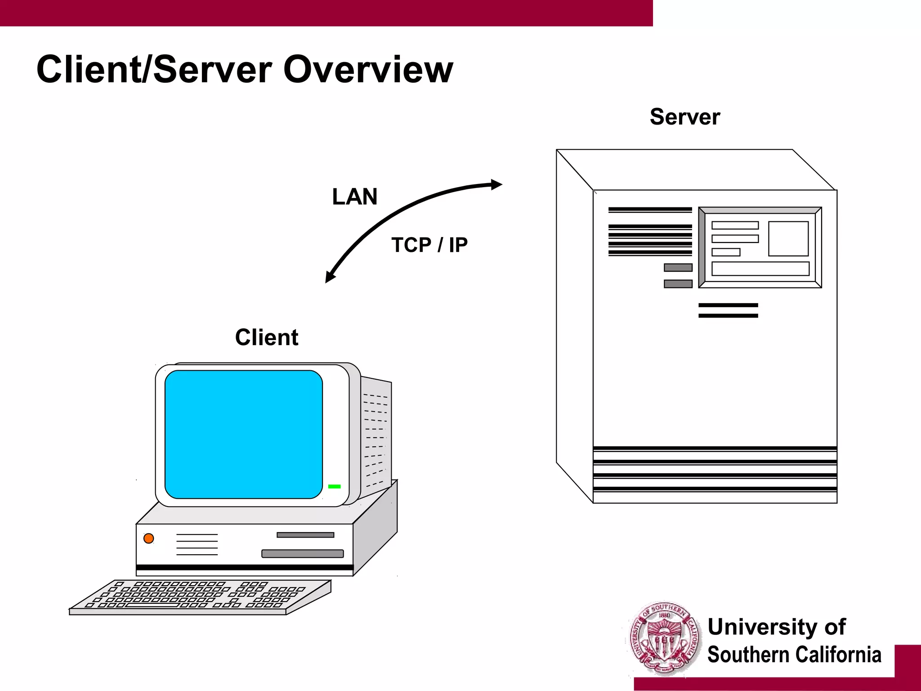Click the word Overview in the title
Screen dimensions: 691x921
(x=368, y=70)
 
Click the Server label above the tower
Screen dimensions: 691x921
(x=684, y=117)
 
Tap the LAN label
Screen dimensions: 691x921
(x=354, y=197)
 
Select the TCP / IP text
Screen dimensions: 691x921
(x=429, y=245)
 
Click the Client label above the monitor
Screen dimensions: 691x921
(x=266, y=337)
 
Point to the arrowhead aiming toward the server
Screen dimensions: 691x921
(x=496, y=184)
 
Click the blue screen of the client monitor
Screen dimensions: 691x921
(x=243, y=434)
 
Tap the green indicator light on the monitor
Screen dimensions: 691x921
(x=335, y=486)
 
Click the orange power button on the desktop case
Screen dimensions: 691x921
(x=149, y=538)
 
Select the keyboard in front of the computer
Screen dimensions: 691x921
(x=200, y=597)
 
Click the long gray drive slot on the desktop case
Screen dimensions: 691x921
(x=302, y=554)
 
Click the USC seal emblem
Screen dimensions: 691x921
(x=665, y=639)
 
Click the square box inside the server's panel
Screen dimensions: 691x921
(x=788, y=238)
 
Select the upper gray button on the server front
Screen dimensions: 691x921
(x=678, y=268)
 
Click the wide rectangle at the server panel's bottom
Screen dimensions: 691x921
(x=760, y=269)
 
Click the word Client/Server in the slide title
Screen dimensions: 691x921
(x=154, y=70)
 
